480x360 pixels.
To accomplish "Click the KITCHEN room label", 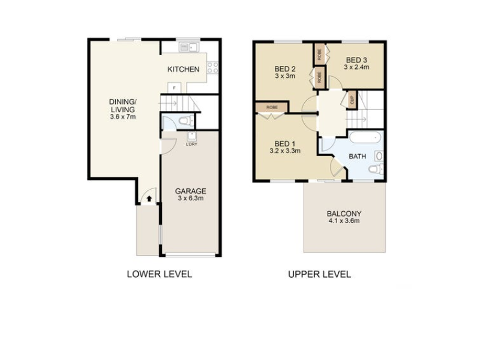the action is pyautogui.click(x=184, y=69).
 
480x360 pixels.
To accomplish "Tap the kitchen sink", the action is pyautogui.click(x=189, y=47).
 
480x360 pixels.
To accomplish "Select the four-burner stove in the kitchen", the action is pyautogui.click(x=213, y=68).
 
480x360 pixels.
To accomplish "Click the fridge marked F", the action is pyautogui.click(x=174, y=88).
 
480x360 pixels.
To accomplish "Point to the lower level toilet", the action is pyautogui.click(x=186, y=121).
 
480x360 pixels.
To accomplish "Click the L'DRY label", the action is pyautogui.click(x=191, y=144).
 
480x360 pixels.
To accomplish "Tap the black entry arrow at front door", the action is pyautogui.click(x=149, y=199).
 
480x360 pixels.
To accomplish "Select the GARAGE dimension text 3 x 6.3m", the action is pyautogui.click(x=191, y=199).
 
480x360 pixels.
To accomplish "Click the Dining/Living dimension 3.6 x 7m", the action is pyautogui.click(x=123, y=116).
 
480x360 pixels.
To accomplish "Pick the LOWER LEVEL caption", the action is pyautogui.click(x=160, y=274).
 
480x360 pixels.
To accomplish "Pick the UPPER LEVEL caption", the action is pyautogui.click(x=320, y=274).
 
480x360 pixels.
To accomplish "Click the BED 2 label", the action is pyautogui.click(x=285, y=69).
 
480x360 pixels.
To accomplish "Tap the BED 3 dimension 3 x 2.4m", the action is pyautogui.click(x=356, y=67).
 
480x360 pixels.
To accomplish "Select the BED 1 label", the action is pyautogui.click(x=285, y=143).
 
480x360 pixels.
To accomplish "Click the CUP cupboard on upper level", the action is pyautogui.click(x=352, y=100).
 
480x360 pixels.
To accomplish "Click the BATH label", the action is pyautogui.click(x=358, y=157).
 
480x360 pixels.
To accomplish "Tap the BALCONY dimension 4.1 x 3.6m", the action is pyautogui.click(x=344, y=221).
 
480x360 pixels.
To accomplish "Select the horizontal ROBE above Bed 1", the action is pyautogui.click(x=272, y=107).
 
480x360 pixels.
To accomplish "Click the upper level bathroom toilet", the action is pyautogui.click(x=376, y=169).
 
